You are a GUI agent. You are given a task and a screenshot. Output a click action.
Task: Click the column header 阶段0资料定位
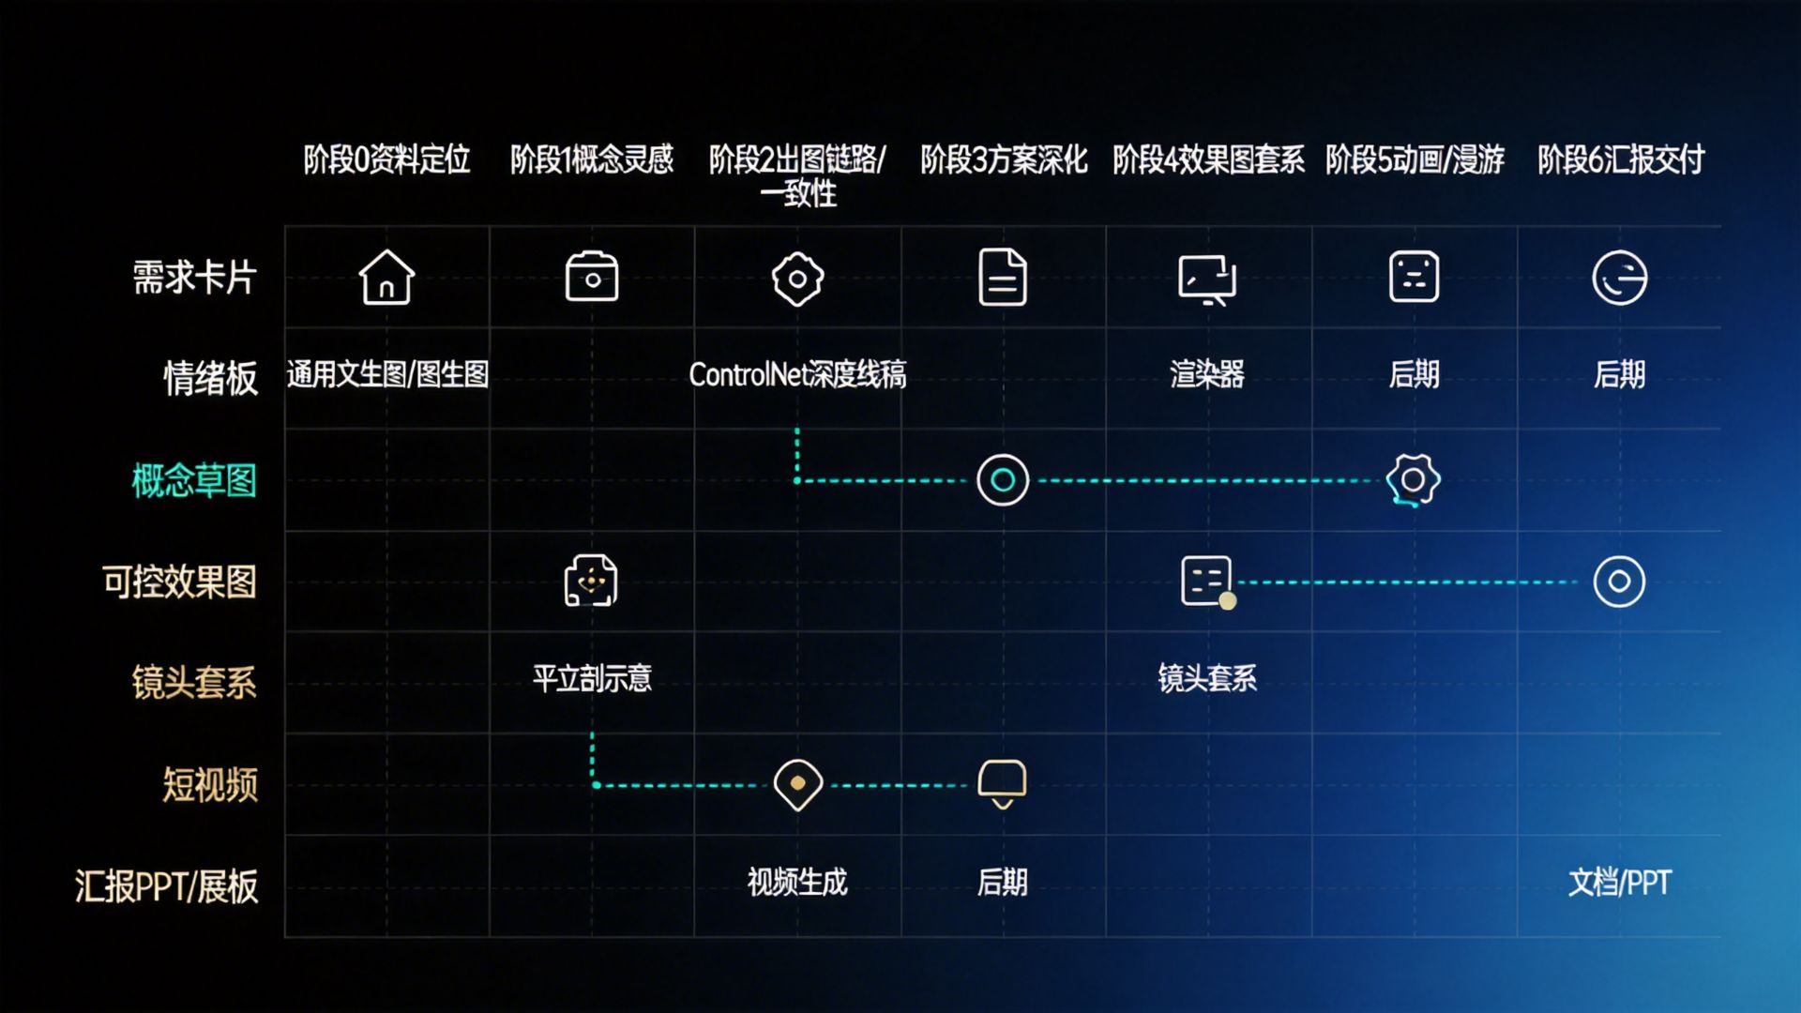(386, 159)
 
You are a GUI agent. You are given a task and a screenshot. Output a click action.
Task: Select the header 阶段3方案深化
(1003, 159)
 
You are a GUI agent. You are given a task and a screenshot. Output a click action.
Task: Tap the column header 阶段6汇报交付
(1620, 159)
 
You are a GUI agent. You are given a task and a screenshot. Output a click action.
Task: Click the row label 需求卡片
(194, 278)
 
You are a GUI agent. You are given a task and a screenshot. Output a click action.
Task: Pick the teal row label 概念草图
(194, 481)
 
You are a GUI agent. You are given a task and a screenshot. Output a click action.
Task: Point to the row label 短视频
(210, 785)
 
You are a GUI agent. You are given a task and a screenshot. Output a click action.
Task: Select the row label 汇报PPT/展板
(166, 886)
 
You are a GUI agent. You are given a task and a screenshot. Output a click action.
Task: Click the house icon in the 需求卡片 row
(386, 278)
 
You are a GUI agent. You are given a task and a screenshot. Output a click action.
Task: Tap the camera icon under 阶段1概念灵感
(592, 278)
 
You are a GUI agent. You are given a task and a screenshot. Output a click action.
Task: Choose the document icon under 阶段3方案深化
(1003, 278)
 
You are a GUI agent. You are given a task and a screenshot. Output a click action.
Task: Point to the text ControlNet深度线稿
(797, 375)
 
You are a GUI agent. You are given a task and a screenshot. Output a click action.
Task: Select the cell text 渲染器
(1207, 375)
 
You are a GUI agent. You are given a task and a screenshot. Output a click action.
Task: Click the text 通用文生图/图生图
(387, 375)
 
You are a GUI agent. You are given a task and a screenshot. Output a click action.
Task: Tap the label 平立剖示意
(592, 678)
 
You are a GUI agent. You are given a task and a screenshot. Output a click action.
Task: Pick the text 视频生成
(797, 883)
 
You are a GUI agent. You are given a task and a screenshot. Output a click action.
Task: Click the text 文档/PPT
(1620, 883)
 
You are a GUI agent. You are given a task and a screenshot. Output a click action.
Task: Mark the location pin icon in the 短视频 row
(798, 784)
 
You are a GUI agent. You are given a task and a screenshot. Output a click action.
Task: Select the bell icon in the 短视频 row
(1003, 783)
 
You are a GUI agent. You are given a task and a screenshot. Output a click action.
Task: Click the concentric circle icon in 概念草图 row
(1003, 480)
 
